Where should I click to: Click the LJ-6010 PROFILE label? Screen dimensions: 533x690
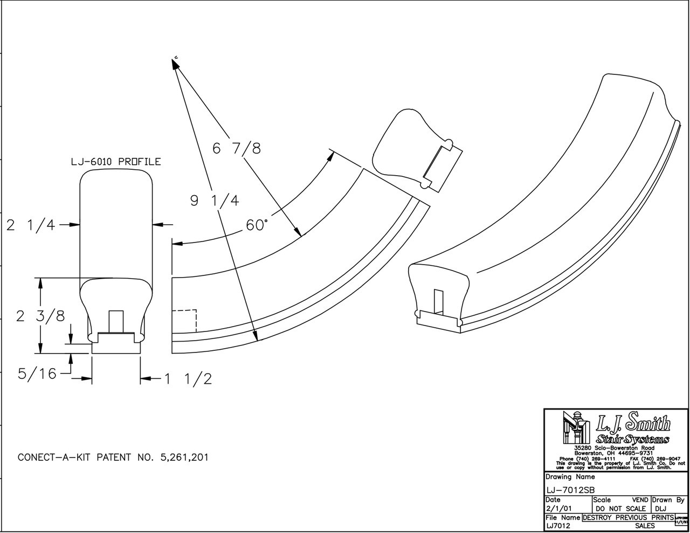point(116,162)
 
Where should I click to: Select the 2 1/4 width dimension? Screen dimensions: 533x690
point(31,225)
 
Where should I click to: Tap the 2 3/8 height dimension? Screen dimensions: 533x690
point(40,316)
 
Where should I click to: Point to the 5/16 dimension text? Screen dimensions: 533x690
point(37,373)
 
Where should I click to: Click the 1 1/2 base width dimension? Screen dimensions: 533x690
point(187,379)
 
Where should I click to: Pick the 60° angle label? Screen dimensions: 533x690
point(257,225)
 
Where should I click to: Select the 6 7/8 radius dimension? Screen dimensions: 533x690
point(237,148)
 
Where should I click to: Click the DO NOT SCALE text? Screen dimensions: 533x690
point(620,508)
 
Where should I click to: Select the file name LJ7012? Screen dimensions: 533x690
point(559,525)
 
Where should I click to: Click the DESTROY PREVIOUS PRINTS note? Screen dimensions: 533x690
point(627,517)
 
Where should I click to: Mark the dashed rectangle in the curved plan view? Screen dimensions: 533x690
point(184,321)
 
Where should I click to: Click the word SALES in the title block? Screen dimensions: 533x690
point(645,525)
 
